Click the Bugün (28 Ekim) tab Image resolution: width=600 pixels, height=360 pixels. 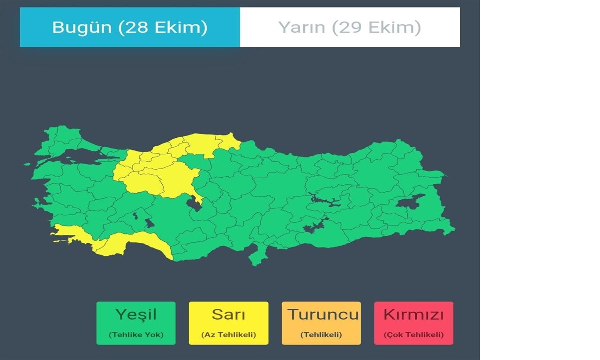click(x=130, y=27)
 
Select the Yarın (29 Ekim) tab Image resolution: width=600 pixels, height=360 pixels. click(x=350, y=27)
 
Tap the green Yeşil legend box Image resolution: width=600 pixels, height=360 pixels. click(x=136, y=323)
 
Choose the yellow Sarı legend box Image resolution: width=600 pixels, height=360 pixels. click(x=228, y=323)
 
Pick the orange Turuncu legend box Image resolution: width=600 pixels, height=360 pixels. click(x=321, y=323)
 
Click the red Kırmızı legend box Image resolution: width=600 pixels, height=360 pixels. click(x=413, y=323)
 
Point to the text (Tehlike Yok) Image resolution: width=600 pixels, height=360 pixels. click(x=136, y=335)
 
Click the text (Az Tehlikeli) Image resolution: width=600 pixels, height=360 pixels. click(x=228, y=335)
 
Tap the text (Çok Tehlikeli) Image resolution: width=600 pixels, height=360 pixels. click(x=413, y=335)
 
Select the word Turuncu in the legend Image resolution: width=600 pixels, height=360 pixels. click(x=323, y=314)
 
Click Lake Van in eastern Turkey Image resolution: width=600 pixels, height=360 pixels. click(x=410, y=201)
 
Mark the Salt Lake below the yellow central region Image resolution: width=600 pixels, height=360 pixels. click(x=193, y=203)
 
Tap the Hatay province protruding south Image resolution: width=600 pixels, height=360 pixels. click(x=255, y=255)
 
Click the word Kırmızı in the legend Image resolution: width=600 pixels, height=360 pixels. click(x=413, y=314)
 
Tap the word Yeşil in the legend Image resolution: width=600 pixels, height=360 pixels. click(x=136, y=314)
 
